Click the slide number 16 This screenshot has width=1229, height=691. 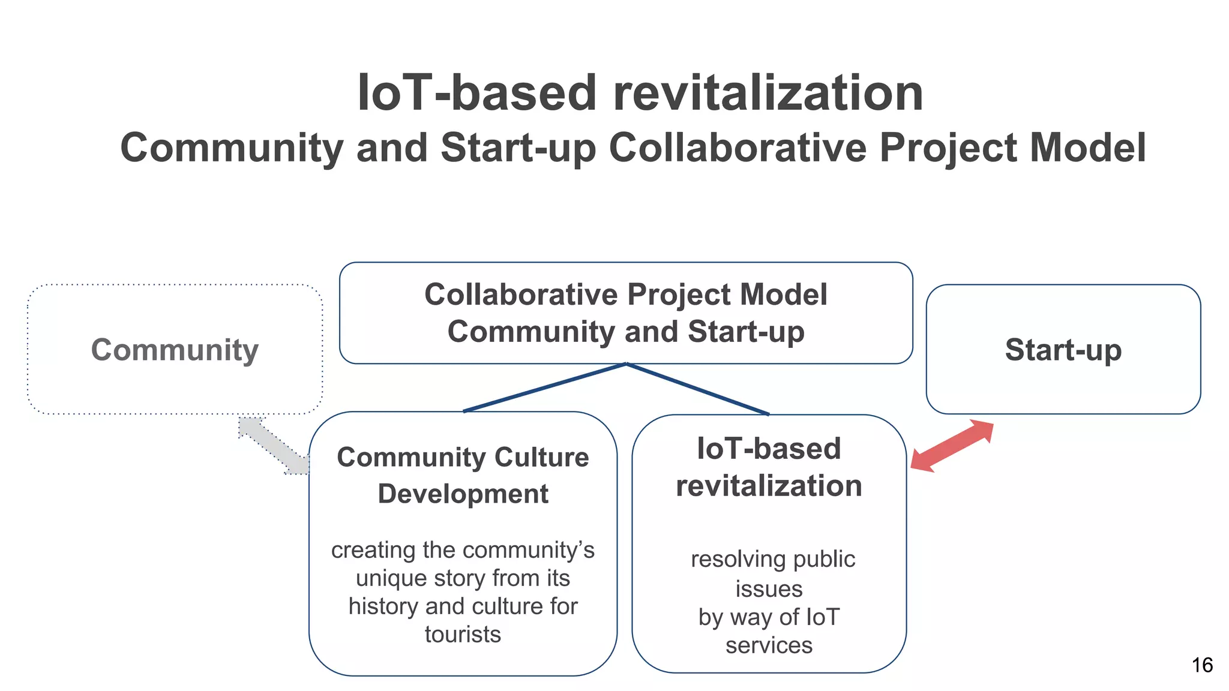[x=1202, y=665]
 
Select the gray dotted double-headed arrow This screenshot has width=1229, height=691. [x=274, y=446]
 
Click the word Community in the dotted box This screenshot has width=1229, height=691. [x=175, y=350]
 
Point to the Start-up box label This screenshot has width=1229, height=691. [x=1063, y=350]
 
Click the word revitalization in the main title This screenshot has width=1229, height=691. [x=768, y=93]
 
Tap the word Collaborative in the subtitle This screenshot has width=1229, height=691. [x=738, y=148]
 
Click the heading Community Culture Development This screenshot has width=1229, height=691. [x=463, y=475]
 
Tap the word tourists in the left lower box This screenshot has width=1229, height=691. [x=463, y=635]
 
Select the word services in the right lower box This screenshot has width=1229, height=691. [x=769, y=645]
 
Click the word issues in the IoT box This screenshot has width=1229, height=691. [x=769, y=589]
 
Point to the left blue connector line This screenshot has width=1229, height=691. [x=544, y=387]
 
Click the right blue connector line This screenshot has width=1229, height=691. [x=697, y=389]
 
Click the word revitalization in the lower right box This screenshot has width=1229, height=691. [x=769, y=486]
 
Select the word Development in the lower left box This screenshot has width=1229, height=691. [x=463, y=494]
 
